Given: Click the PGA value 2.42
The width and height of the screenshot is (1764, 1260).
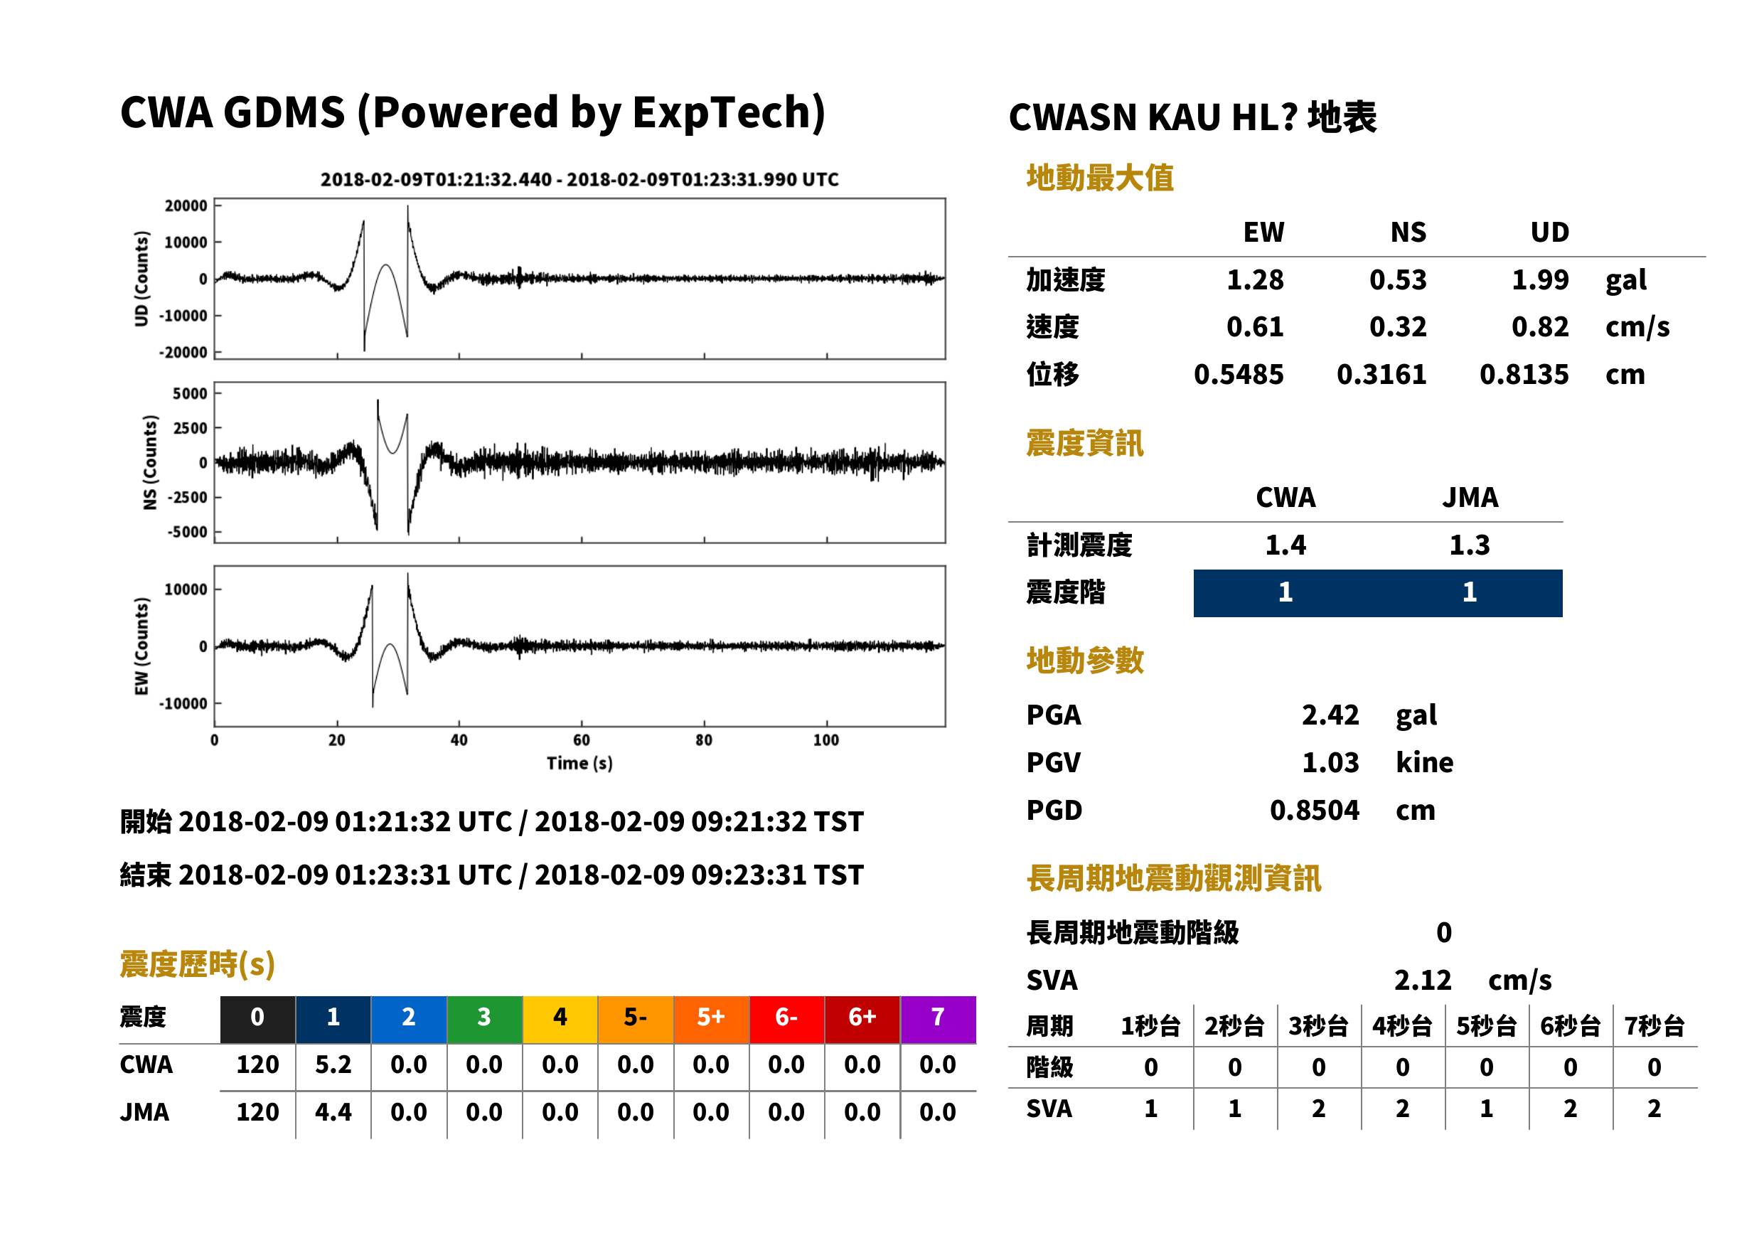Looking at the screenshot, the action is (1330, 715).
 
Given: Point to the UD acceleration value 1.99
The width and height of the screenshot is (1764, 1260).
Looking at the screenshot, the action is (1540, 279).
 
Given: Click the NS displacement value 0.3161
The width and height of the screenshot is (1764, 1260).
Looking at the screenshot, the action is (1381, 375).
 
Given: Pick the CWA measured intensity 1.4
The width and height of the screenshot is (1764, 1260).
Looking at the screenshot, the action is (1285, 545).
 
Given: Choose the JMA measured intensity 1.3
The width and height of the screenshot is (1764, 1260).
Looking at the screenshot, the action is (1469, 545).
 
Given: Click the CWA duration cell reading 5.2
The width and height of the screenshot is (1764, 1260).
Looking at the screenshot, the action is (333, 1064).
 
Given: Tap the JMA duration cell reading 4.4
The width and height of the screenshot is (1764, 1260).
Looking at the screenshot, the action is (333, 1112).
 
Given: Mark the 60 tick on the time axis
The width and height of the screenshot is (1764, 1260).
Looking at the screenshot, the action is (581, 740).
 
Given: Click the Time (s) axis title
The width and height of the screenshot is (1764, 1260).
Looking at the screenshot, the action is (579, 764).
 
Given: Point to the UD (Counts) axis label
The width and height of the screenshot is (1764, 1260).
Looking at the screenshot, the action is (141, 279).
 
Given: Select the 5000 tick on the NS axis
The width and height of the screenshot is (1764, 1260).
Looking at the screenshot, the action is (190, 393).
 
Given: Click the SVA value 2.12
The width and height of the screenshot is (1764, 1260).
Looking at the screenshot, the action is (1422, 980).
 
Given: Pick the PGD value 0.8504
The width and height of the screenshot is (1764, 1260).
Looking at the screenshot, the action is (1314, 810).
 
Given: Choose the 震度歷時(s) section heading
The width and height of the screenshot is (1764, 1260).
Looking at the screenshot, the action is (197, 964).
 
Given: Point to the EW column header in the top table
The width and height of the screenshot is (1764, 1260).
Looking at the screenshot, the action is (1263, 232).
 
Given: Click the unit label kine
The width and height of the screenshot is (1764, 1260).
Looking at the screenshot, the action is (1424, 763).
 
